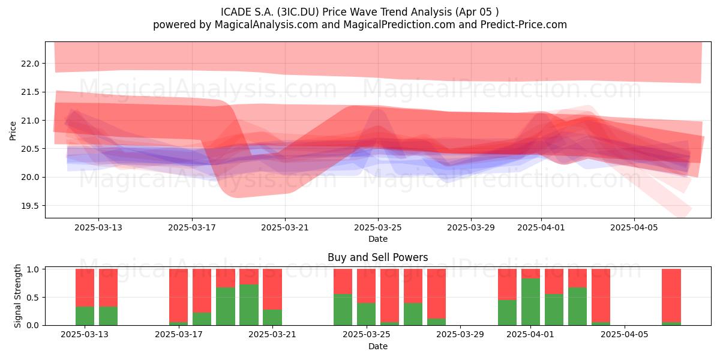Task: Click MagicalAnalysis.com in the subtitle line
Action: pos(266,25)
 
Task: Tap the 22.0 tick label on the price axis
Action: pos(30,64)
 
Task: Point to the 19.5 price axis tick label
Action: pos(30,206)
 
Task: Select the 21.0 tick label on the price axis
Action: pos(30,121)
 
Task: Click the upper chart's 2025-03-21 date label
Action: pos(285,227)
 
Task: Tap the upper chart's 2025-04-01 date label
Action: pos(541,227)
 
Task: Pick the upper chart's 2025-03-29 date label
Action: pos(471,227)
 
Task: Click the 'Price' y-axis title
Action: pos(13,131)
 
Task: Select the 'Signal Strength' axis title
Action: pos(17,296)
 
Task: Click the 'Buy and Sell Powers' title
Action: pos(377,257)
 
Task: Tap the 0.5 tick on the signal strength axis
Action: pos(32,298)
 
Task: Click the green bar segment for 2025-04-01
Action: pos(530,302)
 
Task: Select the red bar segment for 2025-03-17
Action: pos(178,295)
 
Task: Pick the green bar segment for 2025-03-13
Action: pos(85,316)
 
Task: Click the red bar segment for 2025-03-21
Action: pos(272,289)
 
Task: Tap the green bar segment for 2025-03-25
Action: pos(366,314)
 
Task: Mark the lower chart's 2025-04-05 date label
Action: pos(625,335)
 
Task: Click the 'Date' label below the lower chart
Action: pos(377,347)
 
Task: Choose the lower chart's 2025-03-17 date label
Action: pos(179,335)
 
